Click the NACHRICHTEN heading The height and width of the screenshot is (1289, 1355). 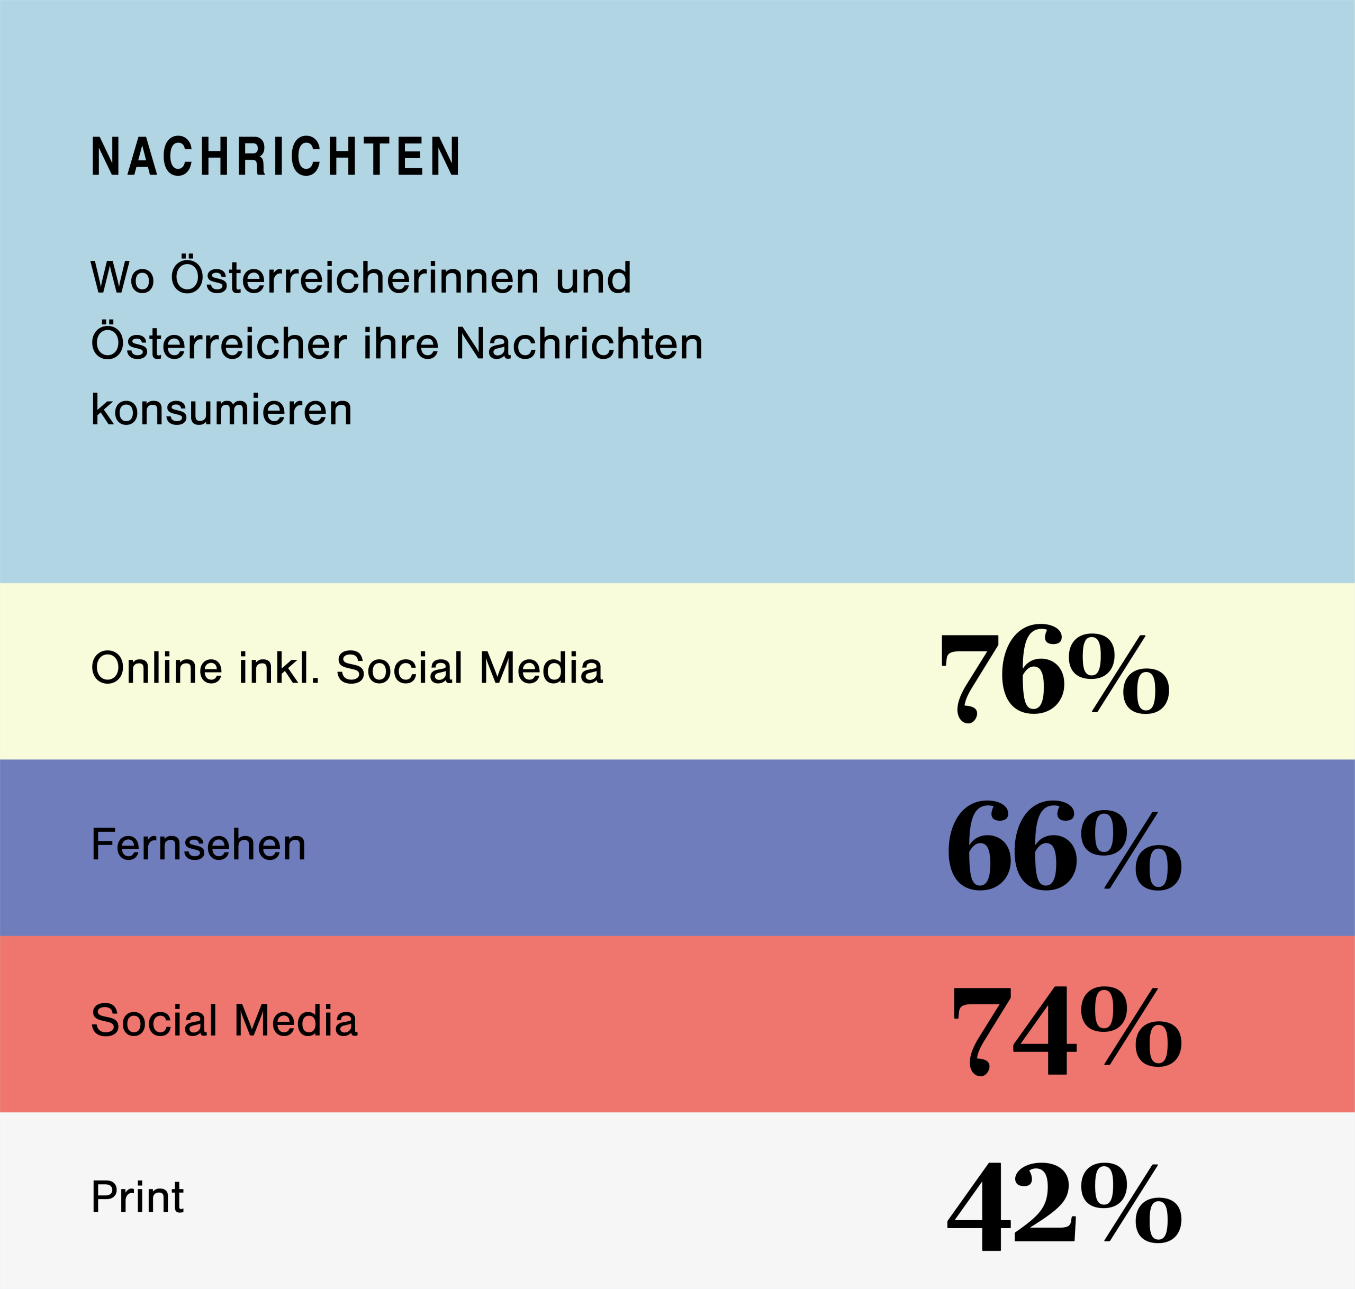[x=276, y=156]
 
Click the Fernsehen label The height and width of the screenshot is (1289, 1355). [x=198, y=845]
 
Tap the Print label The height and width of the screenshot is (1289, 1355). [x=138, y=1197]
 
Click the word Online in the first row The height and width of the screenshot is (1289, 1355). [x=157, y=667]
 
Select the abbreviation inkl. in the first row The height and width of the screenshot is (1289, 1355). [x=279, y=667]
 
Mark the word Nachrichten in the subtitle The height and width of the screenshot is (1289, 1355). [x=579, y=343]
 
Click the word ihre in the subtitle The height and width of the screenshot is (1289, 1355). [x=401, y=343]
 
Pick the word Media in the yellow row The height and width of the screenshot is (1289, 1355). [x=541, y=667]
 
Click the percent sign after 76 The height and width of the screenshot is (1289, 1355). [x=1118, y=674]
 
